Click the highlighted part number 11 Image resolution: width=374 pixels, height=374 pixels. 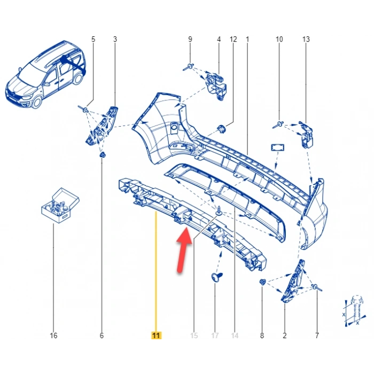(x=155, y=336)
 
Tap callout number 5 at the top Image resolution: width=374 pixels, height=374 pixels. (x=93, y=39)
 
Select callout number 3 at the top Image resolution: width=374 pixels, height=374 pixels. (x=114, y=39)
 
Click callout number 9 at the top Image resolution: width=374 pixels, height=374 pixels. (x=190, y=39)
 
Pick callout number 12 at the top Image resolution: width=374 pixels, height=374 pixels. (x=232, y=39)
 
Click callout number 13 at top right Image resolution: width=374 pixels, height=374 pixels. (x=306, y=39)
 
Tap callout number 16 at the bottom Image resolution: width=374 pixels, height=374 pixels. (x=53, y=336)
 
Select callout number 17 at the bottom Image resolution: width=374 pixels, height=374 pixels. (x=215, y=336)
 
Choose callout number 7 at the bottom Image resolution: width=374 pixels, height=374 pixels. (x=317, y=336)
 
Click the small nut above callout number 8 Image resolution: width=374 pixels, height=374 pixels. (x=262, y=282)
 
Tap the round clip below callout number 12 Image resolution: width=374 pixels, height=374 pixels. (x=222, y=129)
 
